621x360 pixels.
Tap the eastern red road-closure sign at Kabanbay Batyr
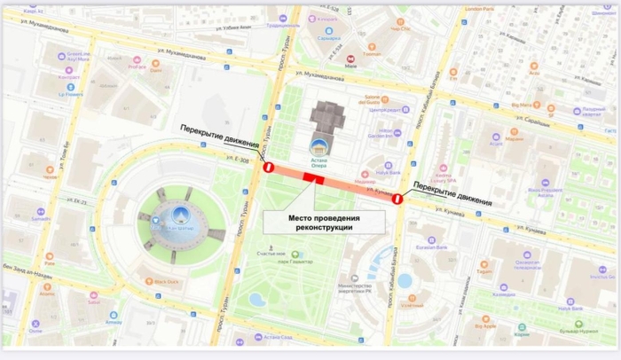(x=398, y=200)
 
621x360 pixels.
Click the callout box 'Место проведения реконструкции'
(x=325, y=222)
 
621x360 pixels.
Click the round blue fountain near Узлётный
(x=405, y=280)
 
